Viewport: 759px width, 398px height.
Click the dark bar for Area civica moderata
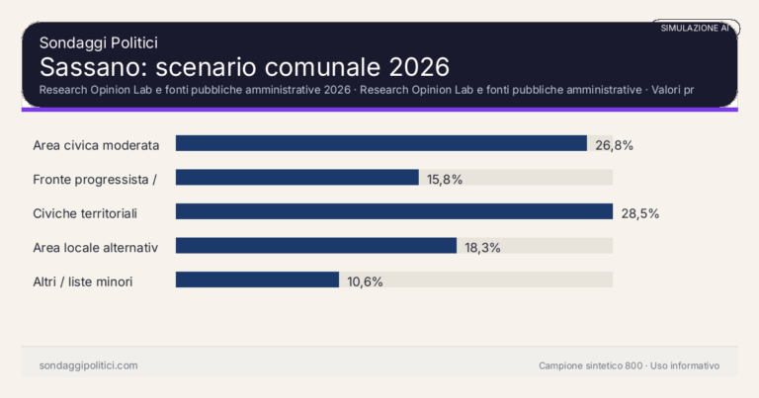click(381, 143)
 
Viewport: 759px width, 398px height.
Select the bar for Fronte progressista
click(297, 178)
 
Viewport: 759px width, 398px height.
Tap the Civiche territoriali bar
click(394, 211)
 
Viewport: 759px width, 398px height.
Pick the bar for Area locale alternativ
click(316, 246)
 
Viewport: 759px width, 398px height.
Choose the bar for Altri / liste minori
click(257, 279)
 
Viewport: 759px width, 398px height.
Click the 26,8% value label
click(614, 144)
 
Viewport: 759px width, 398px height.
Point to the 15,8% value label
click(445, 179)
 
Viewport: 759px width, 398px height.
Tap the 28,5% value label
click(639, 212)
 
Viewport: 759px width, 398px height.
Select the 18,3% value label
click(482, 247)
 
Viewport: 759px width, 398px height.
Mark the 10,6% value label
click(365, 281)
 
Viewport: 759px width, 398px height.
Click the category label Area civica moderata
click(96, 144)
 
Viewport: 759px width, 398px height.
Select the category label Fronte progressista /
click(96, 179)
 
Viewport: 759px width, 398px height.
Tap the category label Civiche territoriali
click(85, 212)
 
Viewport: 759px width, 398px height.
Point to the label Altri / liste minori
click(83, 281)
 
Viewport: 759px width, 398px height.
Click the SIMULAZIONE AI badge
click(695, 29)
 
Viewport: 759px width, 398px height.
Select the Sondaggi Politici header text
click(99, 42)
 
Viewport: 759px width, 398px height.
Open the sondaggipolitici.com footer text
click(89, 365)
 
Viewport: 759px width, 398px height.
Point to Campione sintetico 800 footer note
click(590, 365)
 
